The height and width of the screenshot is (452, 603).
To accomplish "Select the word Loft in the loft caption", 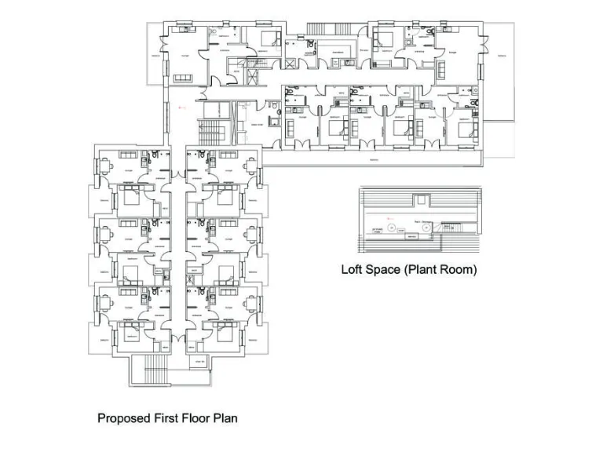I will coord(353,269).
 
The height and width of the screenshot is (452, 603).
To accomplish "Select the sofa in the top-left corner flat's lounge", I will coord(182,78).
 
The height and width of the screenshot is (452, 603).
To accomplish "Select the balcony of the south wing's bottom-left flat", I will coord(104,338).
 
